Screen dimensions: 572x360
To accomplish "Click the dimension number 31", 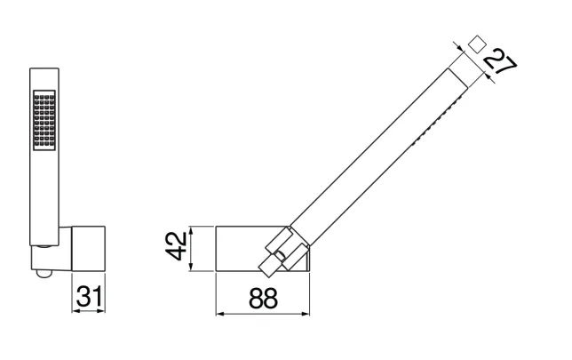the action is tap(90, 296).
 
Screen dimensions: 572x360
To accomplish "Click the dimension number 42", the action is tap(176, 246).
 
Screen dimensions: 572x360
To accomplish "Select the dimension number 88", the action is tap(263, 299).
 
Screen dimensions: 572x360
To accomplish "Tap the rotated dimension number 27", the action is tap(500, 65).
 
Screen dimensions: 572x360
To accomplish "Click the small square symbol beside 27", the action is tap(477, 44).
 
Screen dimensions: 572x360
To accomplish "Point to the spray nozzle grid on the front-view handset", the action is tap(44, 120).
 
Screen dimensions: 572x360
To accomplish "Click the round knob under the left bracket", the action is tap(44, 274).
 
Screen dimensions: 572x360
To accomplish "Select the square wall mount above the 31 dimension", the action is tap(89, 249).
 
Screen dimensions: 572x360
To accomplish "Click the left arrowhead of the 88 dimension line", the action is tap(219, 314).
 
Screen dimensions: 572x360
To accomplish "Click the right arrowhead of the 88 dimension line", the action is tap(306, 314).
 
